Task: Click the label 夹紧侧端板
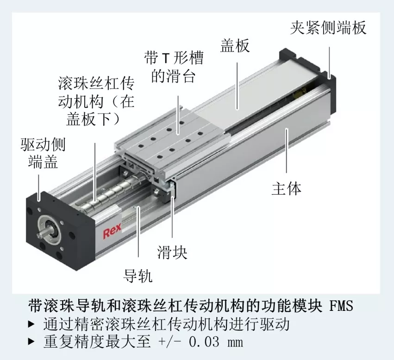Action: [x=328, y=27]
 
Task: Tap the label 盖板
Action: [x=235, y=45]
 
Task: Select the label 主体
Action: [x=287, y=188]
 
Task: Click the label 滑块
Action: [x=172, y=252]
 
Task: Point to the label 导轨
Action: [x=138, y=276]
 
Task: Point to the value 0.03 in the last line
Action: [x=204, y=342]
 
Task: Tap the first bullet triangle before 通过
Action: [x=31, y=324]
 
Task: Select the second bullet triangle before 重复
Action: [x=31, y=341]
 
